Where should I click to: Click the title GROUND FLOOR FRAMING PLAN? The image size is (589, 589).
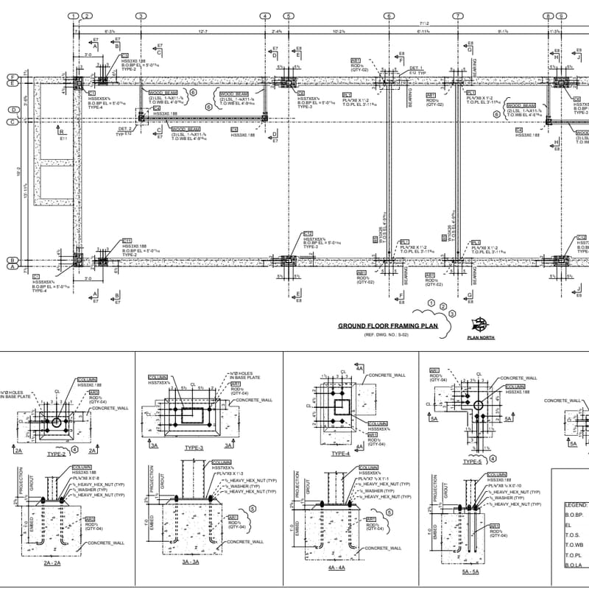tap(388, 325)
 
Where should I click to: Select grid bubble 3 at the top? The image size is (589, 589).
tap(141, 15)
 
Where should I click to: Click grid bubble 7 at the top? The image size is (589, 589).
tap(458, 15)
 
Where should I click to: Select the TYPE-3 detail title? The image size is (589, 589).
tap(194, 447)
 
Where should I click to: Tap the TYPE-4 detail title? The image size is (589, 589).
tap(340, 454)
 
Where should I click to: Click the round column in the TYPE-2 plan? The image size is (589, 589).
tap(57, 423)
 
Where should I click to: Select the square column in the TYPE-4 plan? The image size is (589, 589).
tap(340, 407)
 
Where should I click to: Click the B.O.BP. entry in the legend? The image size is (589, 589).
tap(575, 515)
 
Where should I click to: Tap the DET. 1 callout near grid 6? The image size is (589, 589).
tap(416, 68)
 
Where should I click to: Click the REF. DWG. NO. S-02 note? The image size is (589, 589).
tap(386, 335)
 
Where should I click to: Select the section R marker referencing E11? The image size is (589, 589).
tap(62, 133)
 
